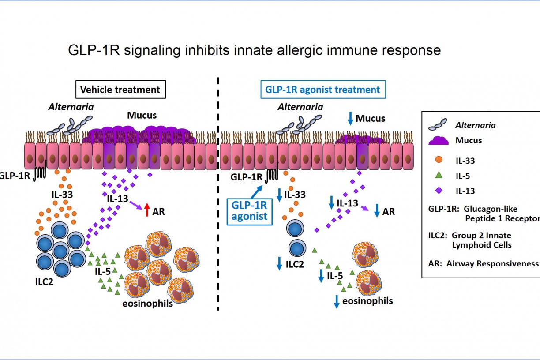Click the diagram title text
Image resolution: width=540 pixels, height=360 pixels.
(x=255, y=50)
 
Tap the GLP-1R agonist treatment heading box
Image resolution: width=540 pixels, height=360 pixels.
(x=322, y=90)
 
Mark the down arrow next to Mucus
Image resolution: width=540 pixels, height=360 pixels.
(x=350, y=118)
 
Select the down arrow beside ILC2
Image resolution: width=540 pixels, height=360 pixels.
(x=279, y=263)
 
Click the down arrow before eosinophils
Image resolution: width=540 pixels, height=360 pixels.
(x=337, y=302)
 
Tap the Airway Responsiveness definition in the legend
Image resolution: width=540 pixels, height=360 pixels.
(x=484, y=263)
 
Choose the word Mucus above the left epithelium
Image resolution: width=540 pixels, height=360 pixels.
(x=142, y=116)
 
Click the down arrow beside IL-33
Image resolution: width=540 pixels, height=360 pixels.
(x=279, y=195)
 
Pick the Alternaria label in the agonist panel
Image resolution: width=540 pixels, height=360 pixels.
(x=300, y=107)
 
